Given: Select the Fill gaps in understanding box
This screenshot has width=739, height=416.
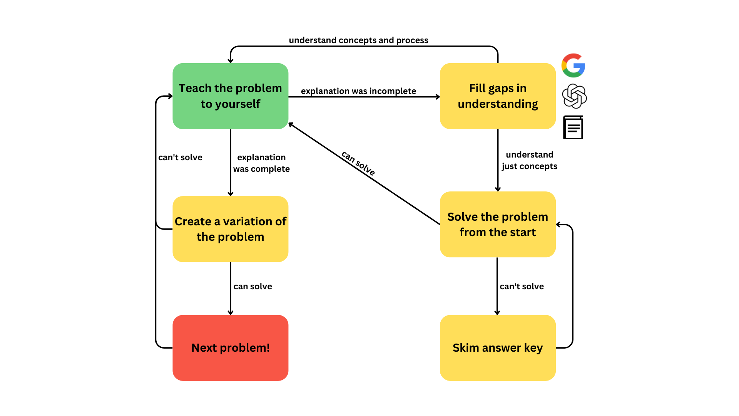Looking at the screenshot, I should coord(497,96).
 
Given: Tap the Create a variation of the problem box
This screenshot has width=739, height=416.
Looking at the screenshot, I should coord(230,229).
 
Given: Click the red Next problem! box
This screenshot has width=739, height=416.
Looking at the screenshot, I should coord(230,347).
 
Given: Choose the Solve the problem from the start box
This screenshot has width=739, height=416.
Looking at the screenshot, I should coord(497,224).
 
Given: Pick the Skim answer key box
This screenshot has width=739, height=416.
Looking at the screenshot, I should coord(497,347).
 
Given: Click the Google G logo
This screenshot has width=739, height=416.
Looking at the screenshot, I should coord(573,65).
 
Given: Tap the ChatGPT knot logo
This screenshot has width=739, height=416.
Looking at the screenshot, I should coord(574,96).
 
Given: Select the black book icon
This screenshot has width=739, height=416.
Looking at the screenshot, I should coord(573,127).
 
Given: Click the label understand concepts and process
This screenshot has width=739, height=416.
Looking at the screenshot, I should coord(358,40).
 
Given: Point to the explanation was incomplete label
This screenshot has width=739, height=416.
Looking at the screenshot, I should coord(358,91).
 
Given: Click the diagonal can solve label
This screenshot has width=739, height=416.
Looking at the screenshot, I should coord(358,163).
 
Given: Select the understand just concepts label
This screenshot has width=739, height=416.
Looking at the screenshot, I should coord(529,160).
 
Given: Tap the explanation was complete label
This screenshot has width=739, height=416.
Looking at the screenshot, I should coord(261,163).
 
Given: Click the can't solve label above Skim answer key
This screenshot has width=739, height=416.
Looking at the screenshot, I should coord(522,287).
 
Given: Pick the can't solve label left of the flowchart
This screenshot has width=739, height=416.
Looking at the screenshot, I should coord(180,158).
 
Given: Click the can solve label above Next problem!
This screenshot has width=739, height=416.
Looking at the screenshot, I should coord(252,287).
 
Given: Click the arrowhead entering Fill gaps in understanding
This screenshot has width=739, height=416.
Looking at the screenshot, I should coord(438,97).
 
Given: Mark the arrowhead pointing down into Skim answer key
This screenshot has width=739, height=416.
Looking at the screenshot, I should coord(497,313).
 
